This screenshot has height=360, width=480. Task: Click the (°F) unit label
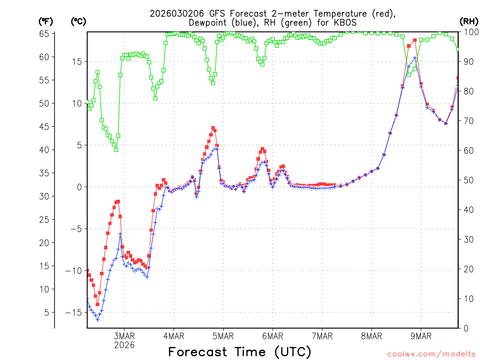click(x=46, y=21)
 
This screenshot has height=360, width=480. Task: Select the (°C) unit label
click(x=78, y=21)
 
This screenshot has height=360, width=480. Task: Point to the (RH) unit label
click(x=469, y=21)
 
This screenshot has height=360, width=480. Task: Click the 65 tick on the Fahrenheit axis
click(x=44, y=34)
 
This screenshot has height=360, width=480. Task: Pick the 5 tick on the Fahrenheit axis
click(x=46, y=312)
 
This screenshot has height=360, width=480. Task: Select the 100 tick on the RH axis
click(x=471, y=32)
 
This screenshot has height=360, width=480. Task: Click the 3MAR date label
click(x=124, y=336)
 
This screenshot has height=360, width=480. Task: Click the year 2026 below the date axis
click(x=124, y=345)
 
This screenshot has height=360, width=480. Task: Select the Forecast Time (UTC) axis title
click(x=240, y=352)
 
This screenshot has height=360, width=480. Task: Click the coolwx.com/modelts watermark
click(x=431, y=354)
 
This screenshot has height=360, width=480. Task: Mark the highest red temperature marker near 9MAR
click(x=415, y=40)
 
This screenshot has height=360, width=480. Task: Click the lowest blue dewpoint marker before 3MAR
click(x=97, y=320)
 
